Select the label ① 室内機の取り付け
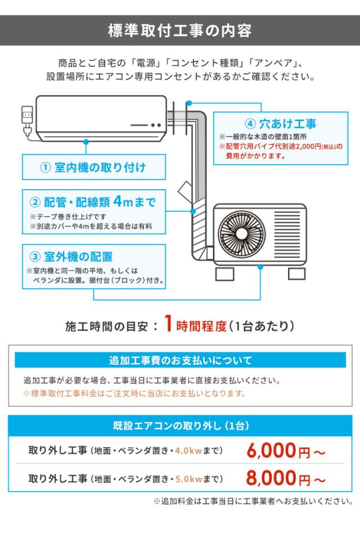pyautogui.click(x=93, y=167)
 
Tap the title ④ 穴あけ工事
pyautogui.click(x=281, y=124)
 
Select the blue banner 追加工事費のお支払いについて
pyautogui.click(x=180, y=360)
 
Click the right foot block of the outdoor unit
pyautogui.click(x=296, y=274)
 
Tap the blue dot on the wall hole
pyautogui.click(x=189, y=103)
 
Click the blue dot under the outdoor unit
pyautogui.click(x=260, y=268)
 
